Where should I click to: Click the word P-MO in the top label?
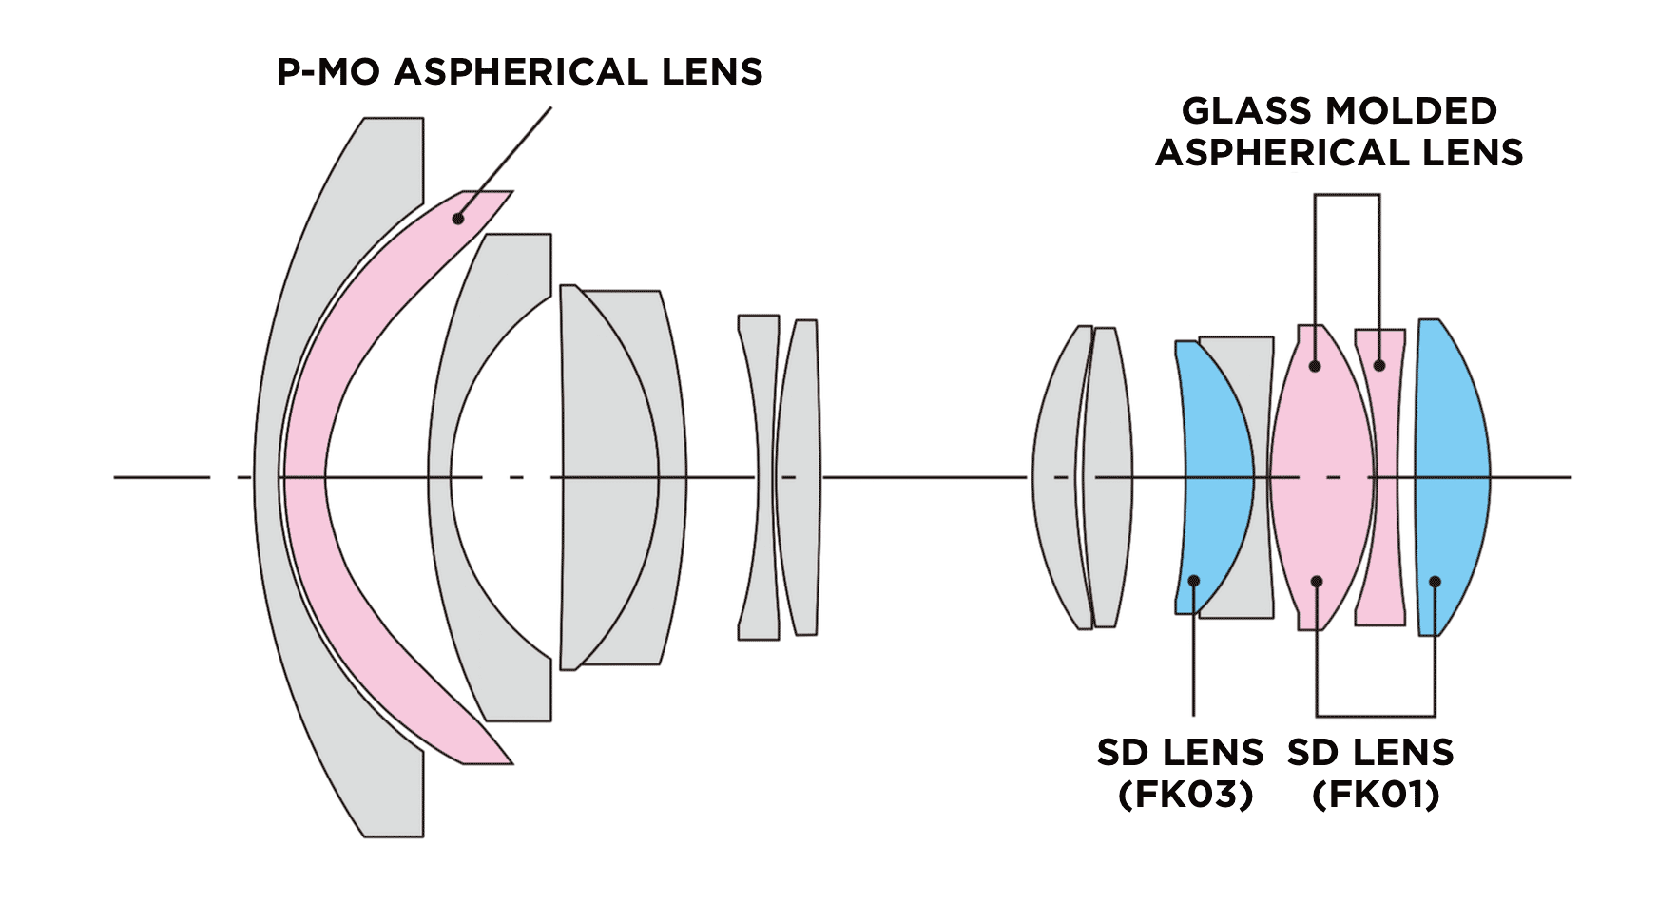(329, 72)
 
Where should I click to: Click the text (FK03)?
(1185, 794)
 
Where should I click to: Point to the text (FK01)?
(1375, 794)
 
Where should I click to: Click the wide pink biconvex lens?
(1321, 447)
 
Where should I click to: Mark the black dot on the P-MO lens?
(458, 219)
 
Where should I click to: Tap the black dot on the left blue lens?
(1193, 581)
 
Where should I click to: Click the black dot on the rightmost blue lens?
(1435, 582)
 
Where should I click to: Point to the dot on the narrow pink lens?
(1379, 365)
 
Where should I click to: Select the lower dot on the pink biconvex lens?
(1317, 582)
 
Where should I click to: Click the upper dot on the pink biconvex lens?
(1316, 365)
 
